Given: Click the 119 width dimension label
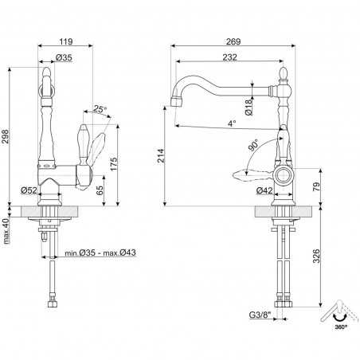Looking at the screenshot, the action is click(x=65, y=41).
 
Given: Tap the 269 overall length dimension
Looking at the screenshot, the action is click(x=233, y=41).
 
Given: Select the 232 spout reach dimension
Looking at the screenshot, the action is click(x=229, y=57).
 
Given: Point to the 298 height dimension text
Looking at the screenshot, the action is click(x=5, y=136).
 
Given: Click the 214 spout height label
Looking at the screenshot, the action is click(x=161, y=156).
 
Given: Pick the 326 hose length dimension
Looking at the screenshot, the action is click(x=316, y=256).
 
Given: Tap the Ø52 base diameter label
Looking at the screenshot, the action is click(x=29, y=190).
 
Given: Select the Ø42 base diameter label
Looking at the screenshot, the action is click(x=264, y=190).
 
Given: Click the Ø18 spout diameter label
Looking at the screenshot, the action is click(x=248, y=108).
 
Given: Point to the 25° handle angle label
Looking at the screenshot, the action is click(x=100, y=108).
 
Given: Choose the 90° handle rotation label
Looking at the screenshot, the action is click(x=253, y=145).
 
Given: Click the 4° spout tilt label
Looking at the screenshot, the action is click(x=232, y=123).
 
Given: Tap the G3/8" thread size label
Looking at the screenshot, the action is click(x=260, y=315).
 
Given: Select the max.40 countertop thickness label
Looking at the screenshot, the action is click(x=7, y=231).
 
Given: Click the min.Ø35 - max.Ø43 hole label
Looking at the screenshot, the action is click(x=100, y=252).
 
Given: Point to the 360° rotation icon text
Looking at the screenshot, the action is click(x=341, y=327).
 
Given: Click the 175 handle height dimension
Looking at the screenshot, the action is click(x=113, y=164).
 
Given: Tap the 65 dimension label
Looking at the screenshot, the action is click(x=100, y=190).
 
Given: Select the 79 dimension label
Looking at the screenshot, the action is click(x=316, y=187).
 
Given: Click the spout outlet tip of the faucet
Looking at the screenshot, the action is click(x=176, y=102).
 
